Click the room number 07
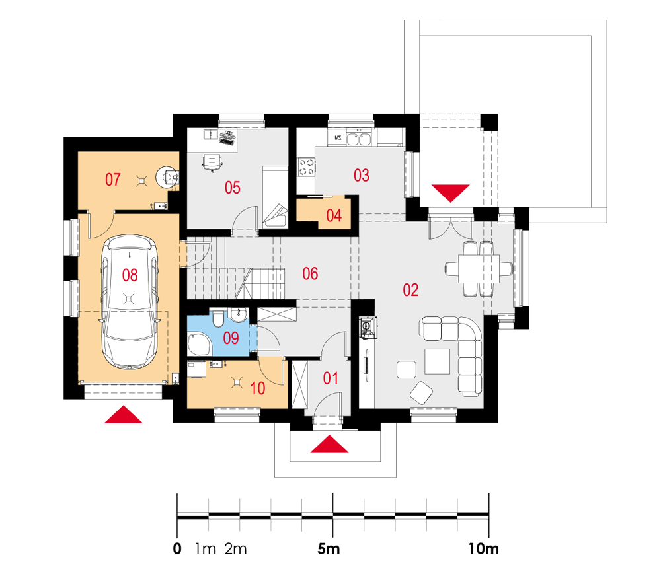(x=112, y=180)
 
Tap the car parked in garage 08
(x=130, y=303)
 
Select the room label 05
(x=232, y=188)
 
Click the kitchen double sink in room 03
(x=359, y=138)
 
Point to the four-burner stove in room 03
(x=307, y=166)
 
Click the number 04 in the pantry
(x=334, y=216)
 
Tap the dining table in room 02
(x=479, y=268)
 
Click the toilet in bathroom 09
(x=217, y=319)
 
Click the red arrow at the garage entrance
(x=123, y=414)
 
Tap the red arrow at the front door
(x=329, y=445)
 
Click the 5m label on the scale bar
(x=329, y=548)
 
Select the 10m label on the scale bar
(x=484, y=548)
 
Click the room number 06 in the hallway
(x=310, y=274)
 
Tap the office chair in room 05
(x=212, y=162)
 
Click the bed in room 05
(x=276, y=197)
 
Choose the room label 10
(x=258, y=388)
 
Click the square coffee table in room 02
(x=437, y=361)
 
